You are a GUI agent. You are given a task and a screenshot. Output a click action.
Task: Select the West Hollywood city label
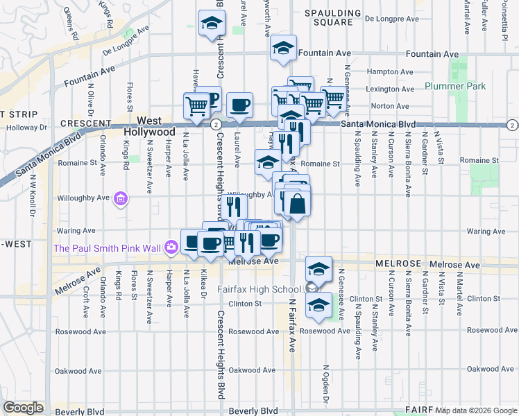(x=149, y=126)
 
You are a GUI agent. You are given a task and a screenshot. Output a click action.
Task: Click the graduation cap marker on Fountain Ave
(x=282, y=49)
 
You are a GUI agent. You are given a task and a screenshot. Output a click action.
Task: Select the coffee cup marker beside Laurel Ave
(x=239, y=105)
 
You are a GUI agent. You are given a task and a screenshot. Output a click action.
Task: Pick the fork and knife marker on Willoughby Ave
(x=233, y=207)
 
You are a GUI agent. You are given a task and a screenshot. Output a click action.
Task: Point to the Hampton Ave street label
(x=390, y=71)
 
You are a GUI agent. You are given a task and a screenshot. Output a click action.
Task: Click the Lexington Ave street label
(x=391, y=89)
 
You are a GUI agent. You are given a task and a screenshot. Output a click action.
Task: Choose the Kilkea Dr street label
(x=203, y=284)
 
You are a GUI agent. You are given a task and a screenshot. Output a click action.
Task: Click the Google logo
(x=24, y=408)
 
